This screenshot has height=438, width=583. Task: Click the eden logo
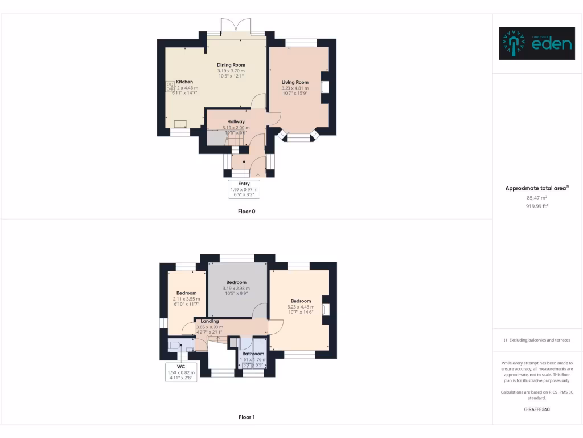(537, 44)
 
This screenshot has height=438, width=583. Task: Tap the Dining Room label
(231, 65)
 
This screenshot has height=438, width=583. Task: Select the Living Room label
(295, 83)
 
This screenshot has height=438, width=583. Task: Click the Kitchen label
(184, 82)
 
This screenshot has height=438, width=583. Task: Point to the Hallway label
(236, 121)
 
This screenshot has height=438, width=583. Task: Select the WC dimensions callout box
(181, 372)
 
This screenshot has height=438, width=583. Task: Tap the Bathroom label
(253, 354)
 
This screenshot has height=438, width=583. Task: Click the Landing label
(210, 321)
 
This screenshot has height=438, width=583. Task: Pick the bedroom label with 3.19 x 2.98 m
(236, 282)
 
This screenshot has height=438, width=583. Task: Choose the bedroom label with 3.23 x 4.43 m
(301, 301)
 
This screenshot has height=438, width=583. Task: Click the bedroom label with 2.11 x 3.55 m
(186, 293)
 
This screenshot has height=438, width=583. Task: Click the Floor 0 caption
(246, 211)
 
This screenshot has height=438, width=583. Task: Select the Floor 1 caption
(246, 417)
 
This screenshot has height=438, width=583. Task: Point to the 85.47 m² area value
(537, 198)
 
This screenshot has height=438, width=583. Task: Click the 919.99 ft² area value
(537, 206)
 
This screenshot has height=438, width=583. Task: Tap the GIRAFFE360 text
(537, 409)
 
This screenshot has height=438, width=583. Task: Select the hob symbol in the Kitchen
(170, 87)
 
